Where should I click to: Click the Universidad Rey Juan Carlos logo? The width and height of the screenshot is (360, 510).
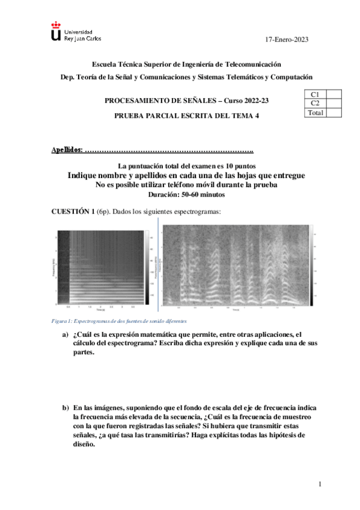76,34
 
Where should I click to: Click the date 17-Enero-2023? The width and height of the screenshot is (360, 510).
287,40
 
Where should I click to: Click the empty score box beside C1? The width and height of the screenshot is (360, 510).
334,94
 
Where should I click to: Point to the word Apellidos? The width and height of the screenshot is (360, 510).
67,149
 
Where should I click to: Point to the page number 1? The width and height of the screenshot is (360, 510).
320,484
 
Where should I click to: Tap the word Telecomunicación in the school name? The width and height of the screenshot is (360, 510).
252,64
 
